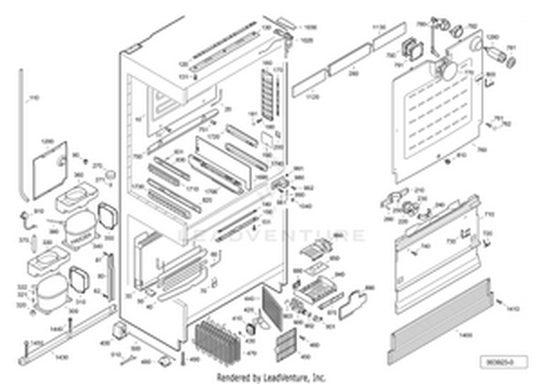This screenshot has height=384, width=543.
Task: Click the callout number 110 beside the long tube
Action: pos(33,99)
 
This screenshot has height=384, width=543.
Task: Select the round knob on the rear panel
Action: pos(447,70)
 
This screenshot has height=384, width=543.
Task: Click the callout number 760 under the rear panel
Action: pos(482,150)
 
